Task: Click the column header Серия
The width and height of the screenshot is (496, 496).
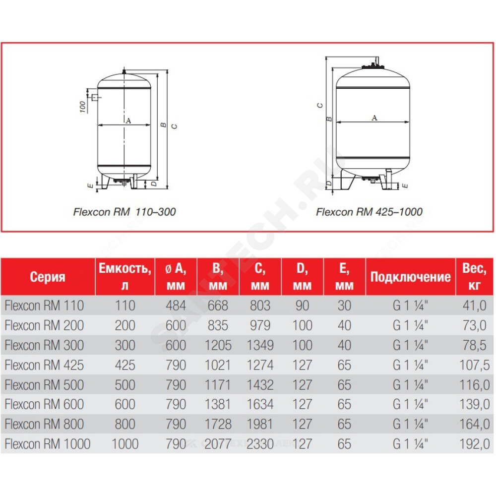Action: pyautogui.click(x=48, y=277)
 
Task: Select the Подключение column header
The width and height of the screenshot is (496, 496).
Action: pyautogui.click(x=410, y=277)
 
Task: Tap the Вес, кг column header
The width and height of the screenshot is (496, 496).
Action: pyautogui.click(x=474, y=276)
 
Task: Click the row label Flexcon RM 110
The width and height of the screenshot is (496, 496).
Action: pyautogui.click(x=44, y=306)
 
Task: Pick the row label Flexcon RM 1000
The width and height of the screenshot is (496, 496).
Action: pyautogui.click(x=48, y=444)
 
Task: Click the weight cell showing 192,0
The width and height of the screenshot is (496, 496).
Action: pyautogui.click(x=475, y=444)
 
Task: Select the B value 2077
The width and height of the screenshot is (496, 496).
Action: pyautogui.click(x=218, y=444)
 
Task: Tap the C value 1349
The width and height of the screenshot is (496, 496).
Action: pyautogui.click(x=260, y=345)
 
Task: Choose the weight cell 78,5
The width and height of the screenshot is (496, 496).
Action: pyautogui.click(x=475, y=345)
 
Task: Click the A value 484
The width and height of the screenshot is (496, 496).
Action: pyautogui.click(x=176, y=306)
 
